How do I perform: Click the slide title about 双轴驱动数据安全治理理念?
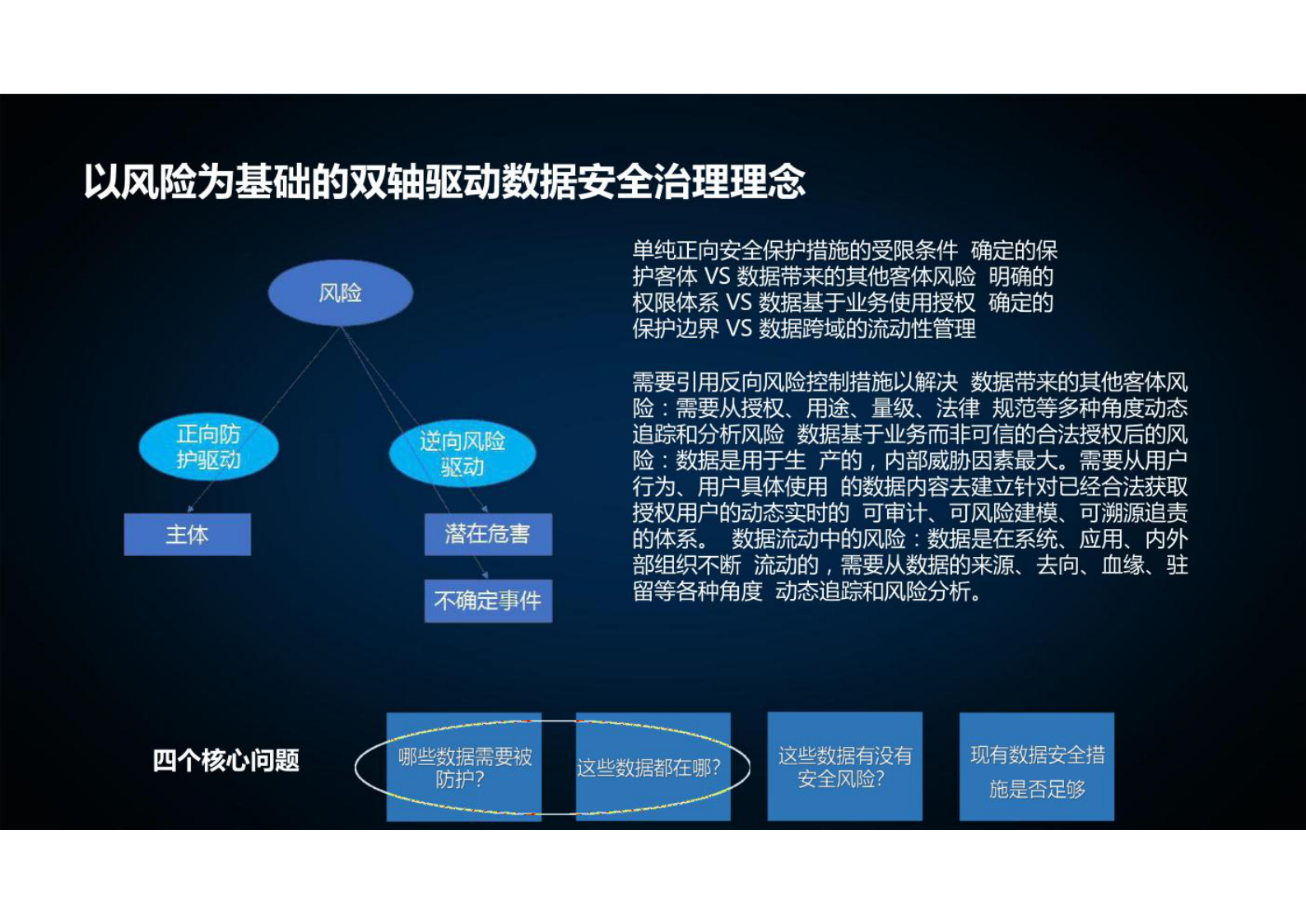coord(444,182)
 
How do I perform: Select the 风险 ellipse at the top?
coord(340,293)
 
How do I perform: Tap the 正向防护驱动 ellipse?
coord(208,447)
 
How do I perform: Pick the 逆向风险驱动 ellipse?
coord(462,454)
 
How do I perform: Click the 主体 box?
coord(187,535)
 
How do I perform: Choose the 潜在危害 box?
coord(487,535)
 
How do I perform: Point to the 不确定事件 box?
coord(487,601)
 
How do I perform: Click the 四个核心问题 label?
coord(225,760)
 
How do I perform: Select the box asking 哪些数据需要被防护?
coord(464,767)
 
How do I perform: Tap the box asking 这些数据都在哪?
coord(653,768)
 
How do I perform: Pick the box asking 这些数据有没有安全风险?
coord(844,767)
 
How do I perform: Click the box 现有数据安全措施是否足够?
coord(1036,768)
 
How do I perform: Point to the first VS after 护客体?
coord(717,276)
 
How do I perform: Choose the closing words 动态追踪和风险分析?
coord(872,591)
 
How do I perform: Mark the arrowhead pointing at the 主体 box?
coord(191,509)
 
